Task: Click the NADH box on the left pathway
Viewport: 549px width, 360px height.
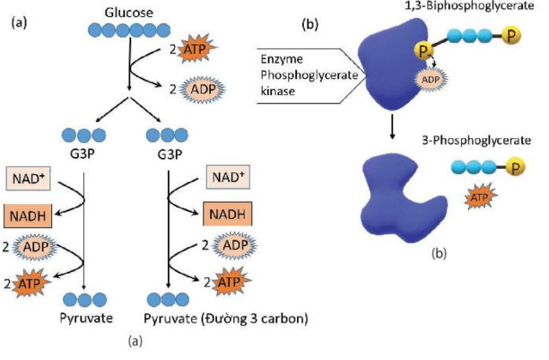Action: (x=27, y=216)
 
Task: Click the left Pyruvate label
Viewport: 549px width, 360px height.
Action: (x=81, y=319)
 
